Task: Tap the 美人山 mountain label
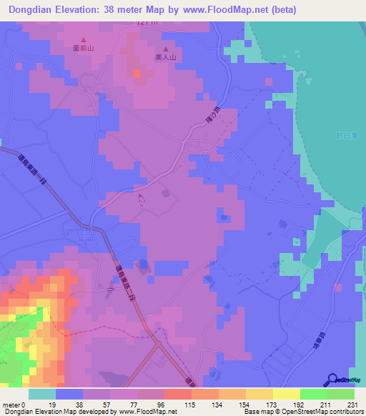coord(165,59)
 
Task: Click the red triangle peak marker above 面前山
coord(84,40)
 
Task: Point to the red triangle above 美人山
coord(166,49)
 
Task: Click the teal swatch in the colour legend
coord(42,394)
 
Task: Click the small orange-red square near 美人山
coord(137,73)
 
